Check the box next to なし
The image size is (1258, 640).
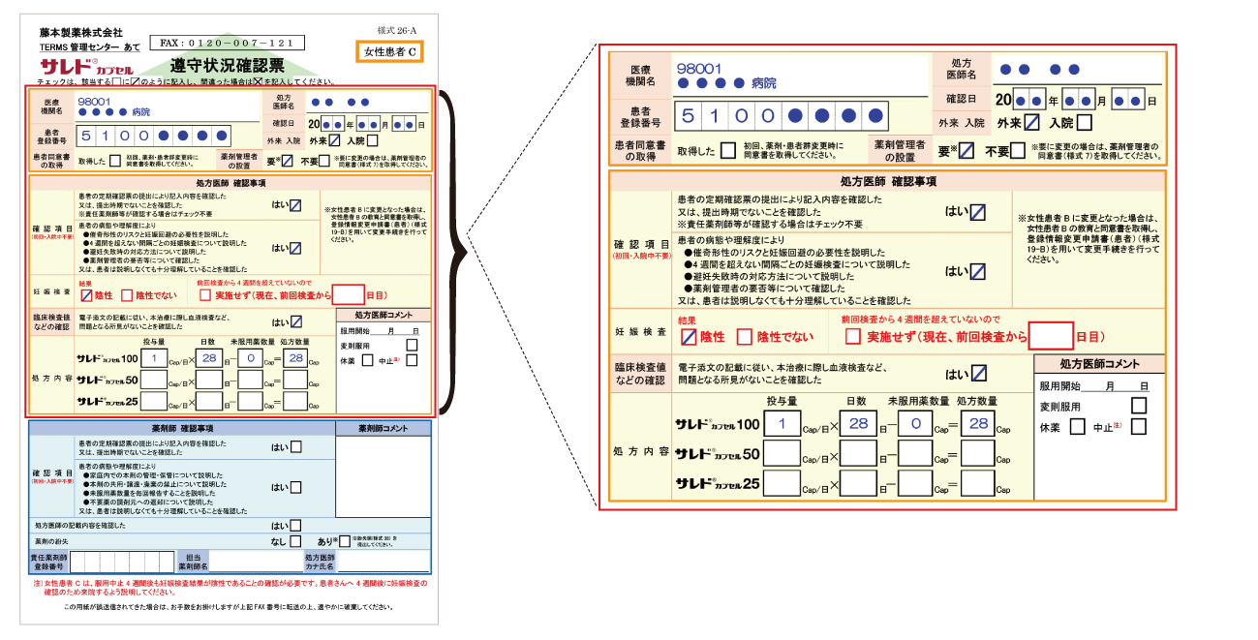click(295, 541)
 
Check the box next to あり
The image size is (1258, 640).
click(344, 541)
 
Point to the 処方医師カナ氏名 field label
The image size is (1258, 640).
click(319, 562)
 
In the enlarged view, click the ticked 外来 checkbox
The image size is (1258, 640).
click(1032, 122)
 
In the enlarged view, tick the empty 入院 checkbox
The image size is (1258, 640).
click(1084, 122)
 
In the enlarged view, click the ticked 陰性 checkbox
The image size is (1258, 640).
click(689, 338)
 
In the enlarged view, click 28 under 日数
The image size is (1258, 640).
click(857, 424)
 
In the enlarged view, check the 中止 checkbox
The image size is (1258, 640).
click(1139, 427)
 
